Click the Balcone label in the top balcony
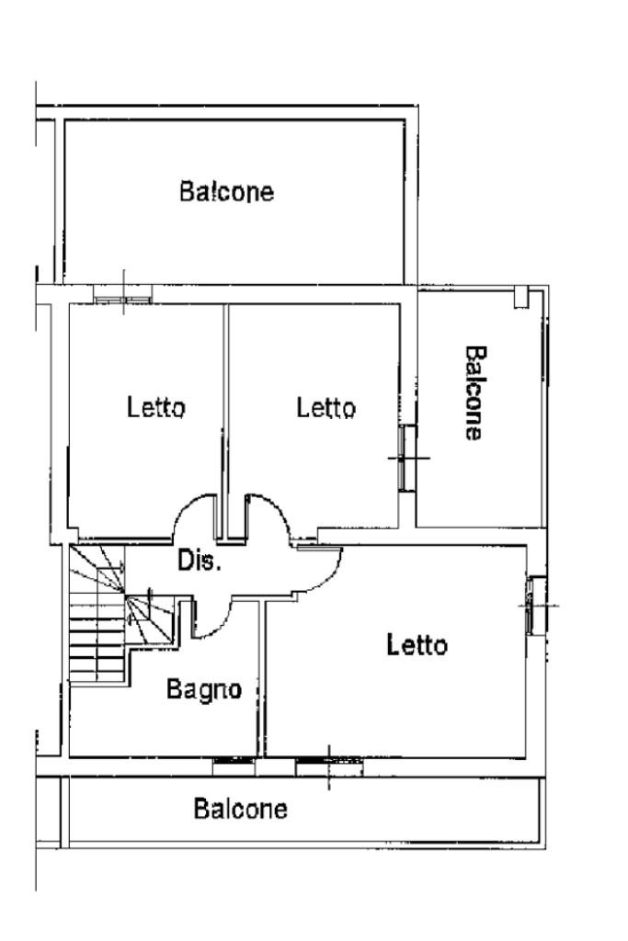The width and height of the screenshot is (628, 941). [x=226, y=193]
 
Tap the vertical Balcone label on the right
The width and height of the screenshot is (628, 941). [x=474, y=392]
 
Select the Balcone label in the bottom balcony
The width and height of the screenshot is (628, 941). [x=240, y=810]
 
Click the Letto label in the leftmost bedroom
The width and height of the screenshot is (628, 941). [x=156, y=406]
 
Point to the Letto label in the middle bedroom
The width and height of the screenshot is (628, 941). [x=325, y=406]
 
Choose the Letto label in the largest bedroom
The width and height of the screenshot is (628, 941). [x=417, y=645]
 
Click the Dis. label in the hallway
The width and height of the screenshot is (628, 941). [x=200, y=561]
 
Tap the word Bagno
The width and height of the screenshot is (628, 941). [x=203, y=689]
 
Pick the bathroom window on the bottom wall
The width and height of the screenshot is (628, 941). [x=234, y=761]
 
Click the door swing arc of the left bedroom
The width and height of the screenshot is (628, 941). [x=191, y=515]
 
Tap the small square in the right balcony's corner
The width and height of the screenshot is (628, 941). [x=521, y=297]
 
